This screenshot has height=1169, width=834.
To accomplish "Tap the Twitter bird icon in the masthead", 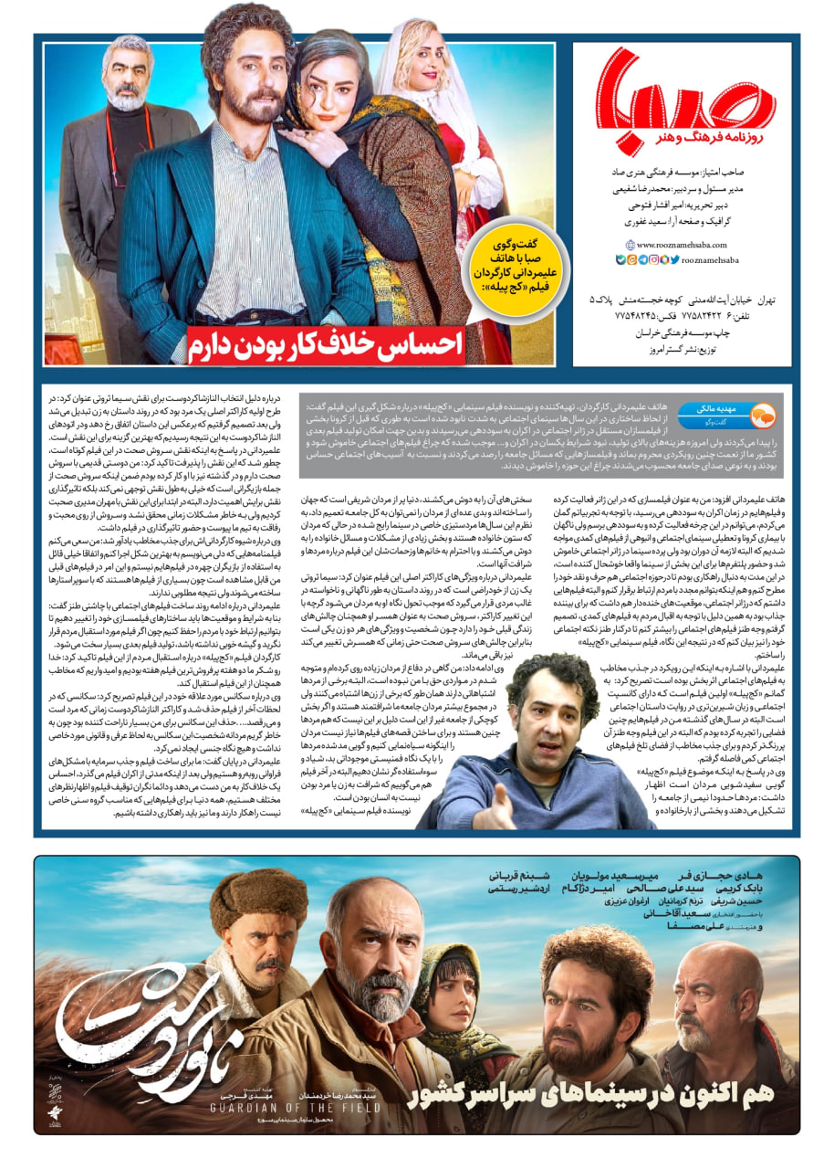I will coord(674,259).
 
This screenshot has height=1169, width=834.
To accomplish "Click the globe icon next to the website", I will coord(630,245).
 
